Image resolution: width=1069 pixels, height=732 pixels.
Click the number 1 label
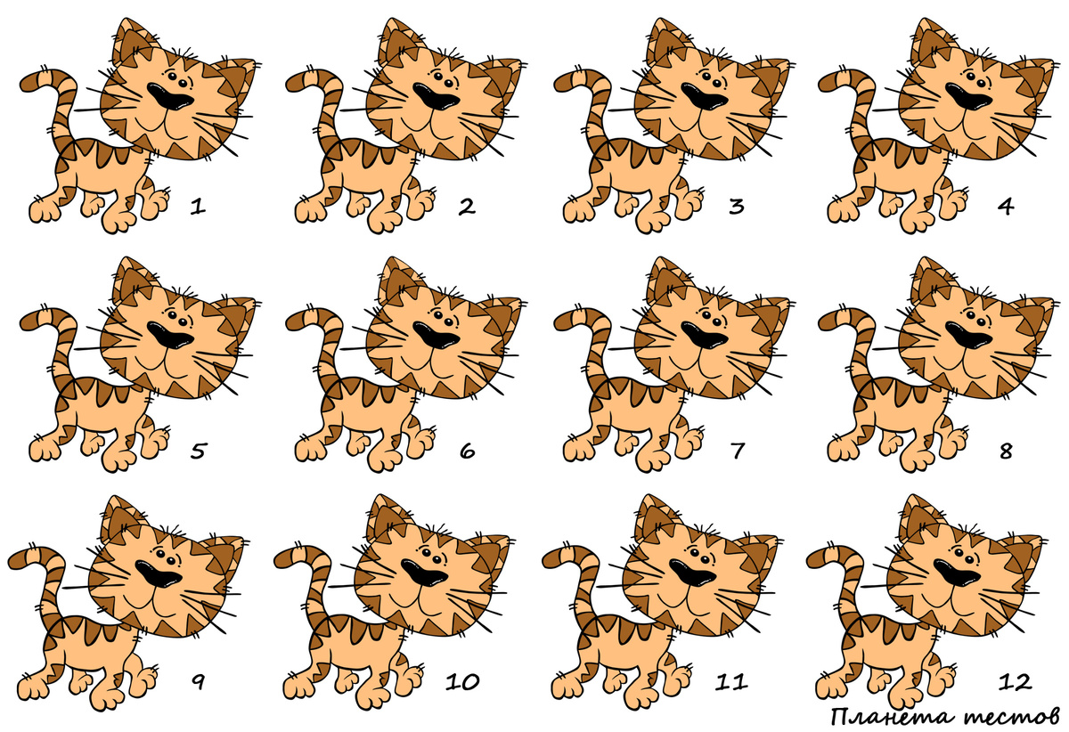click(198, 207)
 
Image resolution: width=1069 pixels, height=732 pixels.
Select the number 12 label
click(1014, 682)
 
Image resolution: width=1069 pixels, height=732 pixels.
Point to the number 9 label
click(198, 682)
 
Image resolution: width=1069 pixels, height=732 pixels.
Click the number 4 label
click(1006, 207)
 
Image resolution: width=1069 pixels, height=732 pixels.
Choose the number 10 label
click(462, 682)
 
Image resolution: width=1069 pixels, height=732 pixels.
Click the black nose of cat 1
click(170, 98)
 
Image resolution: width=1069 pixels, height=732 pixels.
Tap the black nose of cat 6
click(437, 337)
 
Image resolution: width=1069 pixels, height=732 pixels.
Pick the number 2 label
click(467, 207)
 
